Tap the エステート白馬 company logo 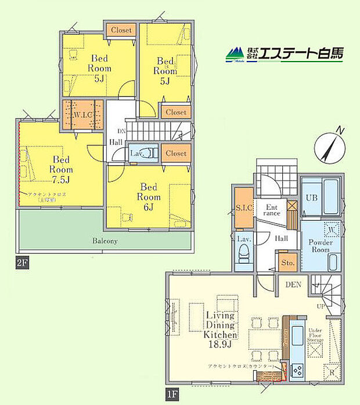click(285, 54)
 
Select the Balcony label click(105, 240)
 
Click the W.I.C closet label click(83, 114)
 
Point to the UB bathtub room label click(312, 196)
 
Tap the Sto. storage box click(287, 263)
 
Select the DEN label click(294, 284)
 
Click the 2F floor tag click(22, 263)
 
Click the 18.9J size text click(221, 345)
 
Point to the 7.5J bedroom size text click(61, 179)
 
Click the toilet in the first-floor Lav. click(244, 255)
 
